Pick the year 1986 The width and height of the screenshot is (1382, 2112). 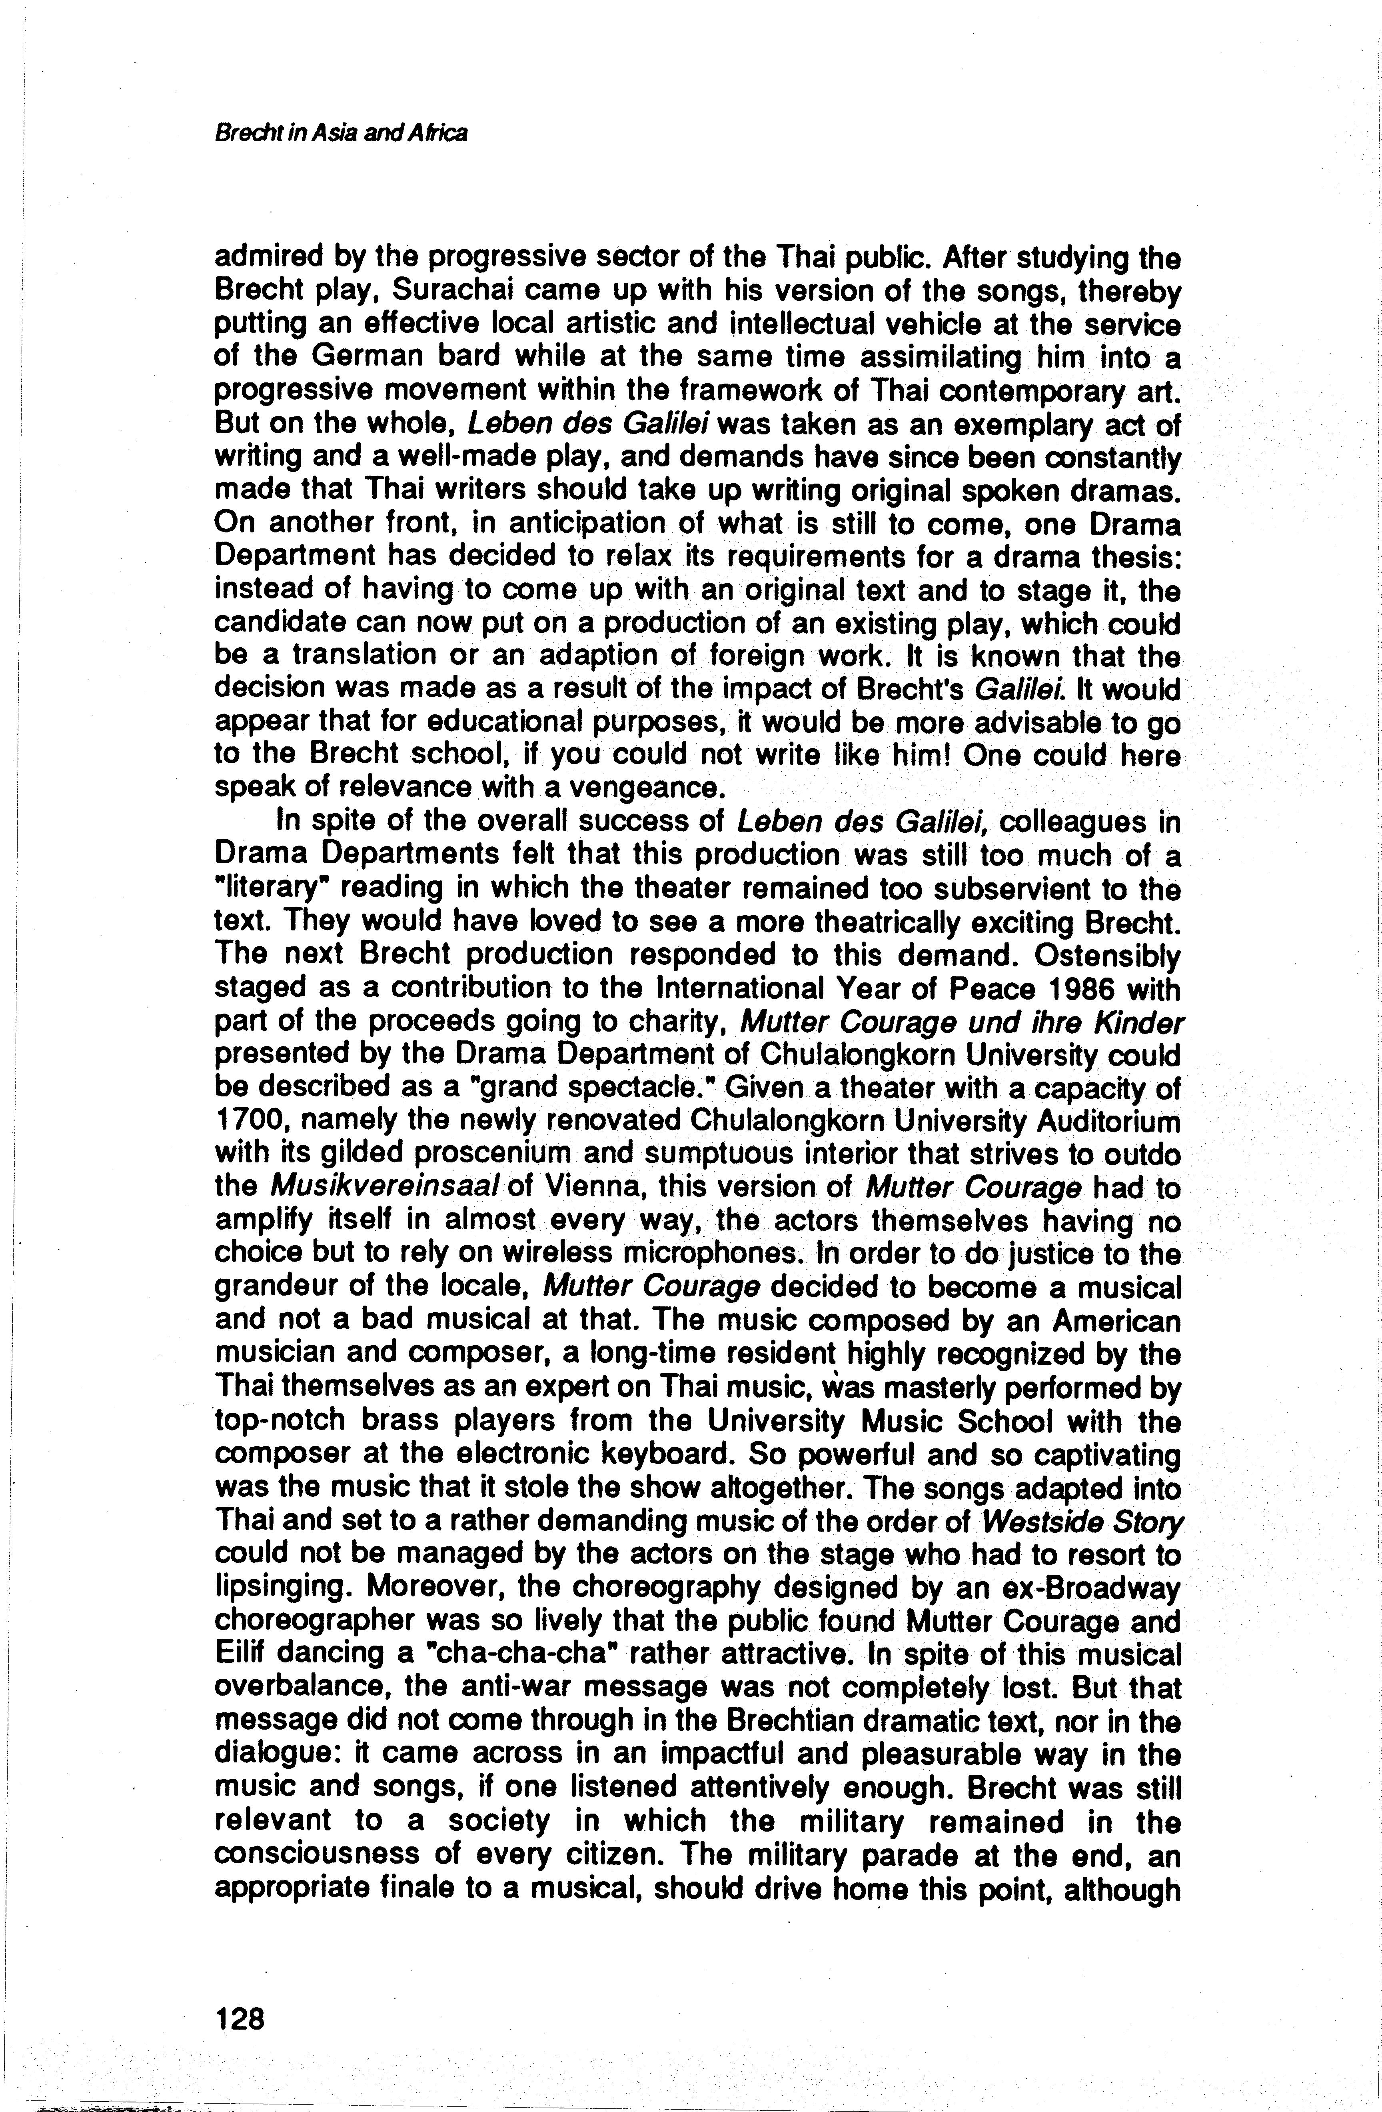[x=1031, y=988]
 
